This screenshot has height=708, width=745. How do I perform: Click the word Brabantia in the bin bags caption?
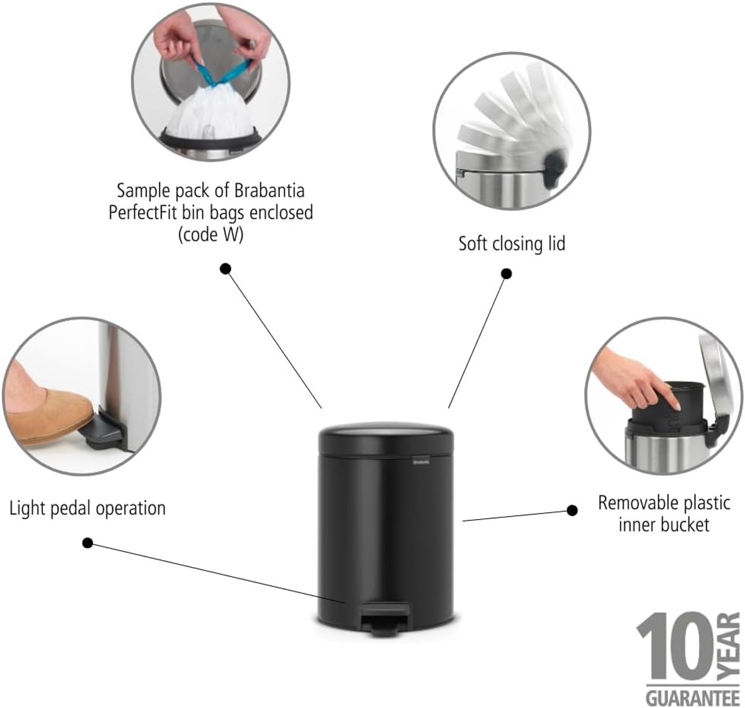pos(269,190)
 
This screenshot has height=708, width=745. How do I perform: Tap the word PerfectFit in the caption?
pos(143,212)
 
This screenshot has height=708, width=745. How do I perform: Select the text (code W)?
pos(210,235)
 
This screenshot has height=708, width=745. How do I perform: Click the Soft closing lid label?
pos(512,244)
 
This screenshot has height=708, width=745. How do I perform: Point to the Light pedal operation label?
pos(88,509)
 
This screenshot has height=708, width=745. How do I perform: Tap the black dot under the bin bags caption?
pos(225,270)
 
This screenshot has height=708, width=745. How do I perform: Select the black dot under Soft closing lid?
pos(506,274)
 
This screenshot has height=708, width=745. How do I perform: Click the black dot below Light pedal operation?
pos(88,543)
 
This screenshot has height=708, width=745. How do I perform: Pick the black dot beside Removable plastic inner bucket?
pos(572,511)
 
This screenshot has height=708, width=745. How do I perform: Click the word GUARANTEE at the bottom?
pos(693,697)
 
